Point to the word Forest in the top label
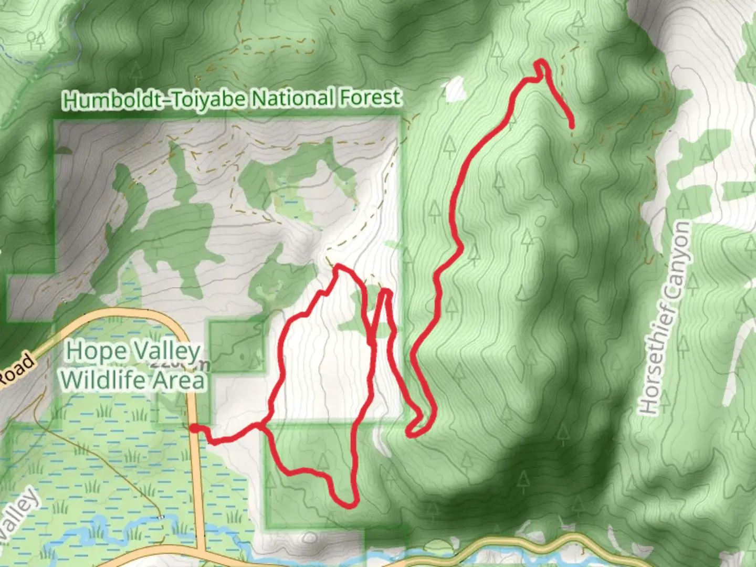click(371, 98)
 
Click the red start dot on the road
click(194, 429)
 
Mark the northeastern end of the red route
click(571, 125)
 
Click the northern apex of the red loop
click(339, 266)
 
